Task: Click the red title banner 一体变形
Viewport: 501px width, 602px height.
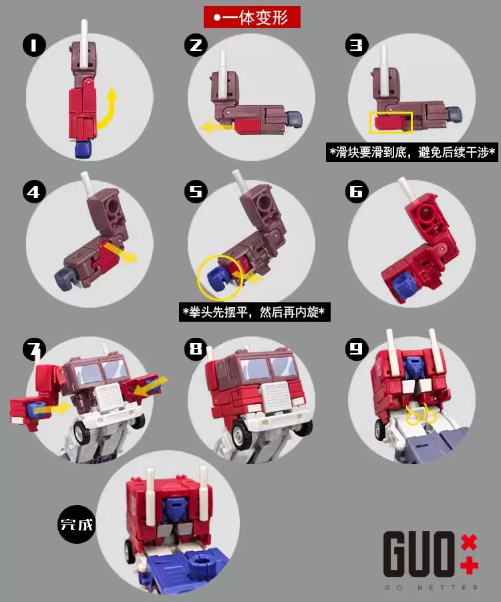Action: (252, 17)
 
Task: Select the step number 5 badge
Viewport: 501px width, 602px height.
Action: (195, 193)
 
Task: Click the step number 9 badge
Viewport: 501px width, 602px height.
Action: (356, 348)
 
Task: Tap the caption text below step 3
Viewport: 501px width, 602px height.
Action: (413, 153)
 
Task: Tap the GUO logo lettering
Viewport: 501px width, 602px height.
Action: (419, 554)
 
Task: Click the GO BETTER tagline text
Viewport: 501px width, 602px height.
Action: (431, 587)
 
